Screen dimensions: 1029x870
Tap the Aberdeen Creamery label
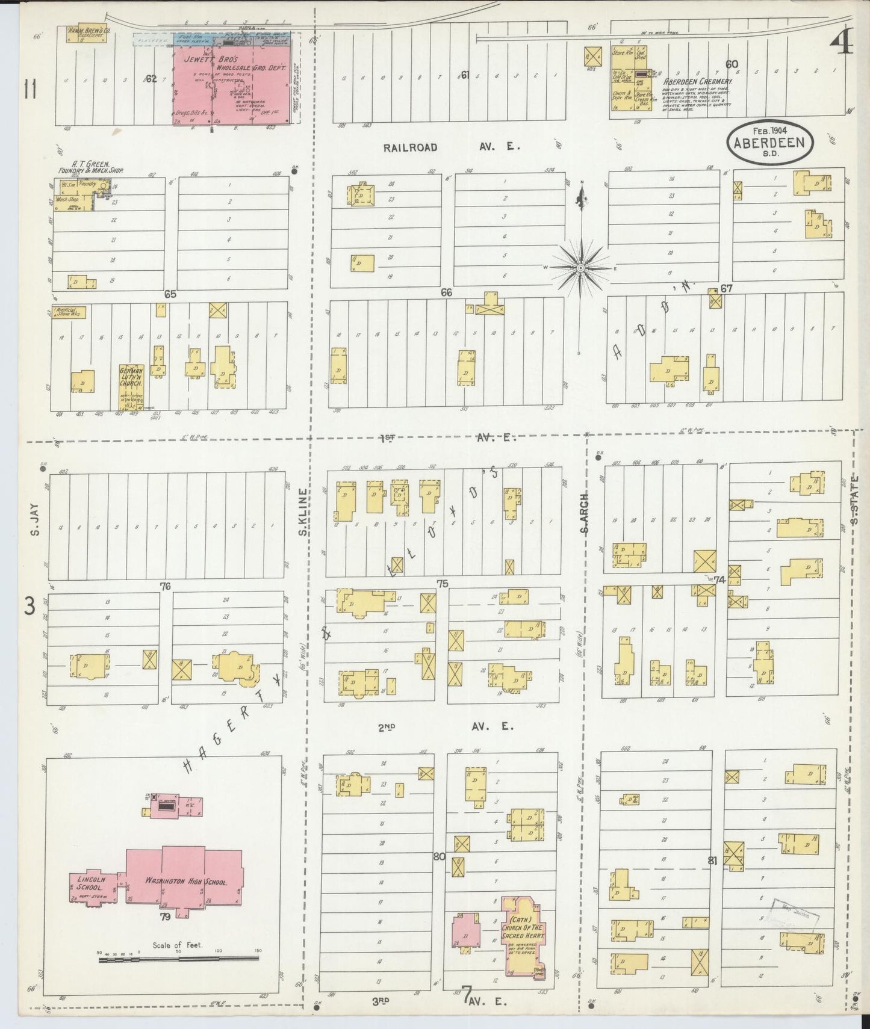[x=697, y=81]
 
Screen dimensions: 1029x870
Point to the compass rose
[x=580, y=267]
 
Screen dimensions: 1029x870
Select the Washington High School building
[x=184, y=882]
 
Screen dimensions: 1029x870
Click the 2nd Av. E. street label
[x=446, y=727]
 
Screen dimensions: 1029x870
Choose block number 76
[x=165, y=586]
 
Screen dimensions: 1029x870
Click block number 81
[x=713, y=861]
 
